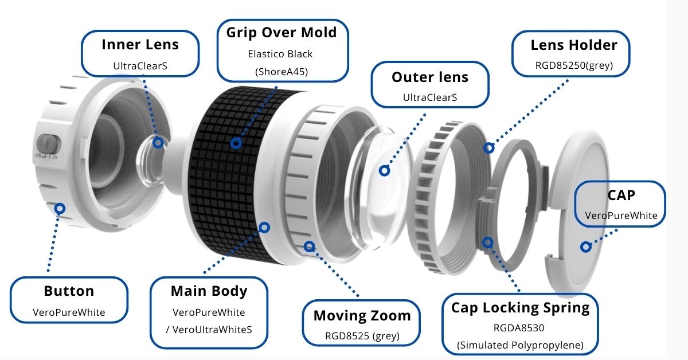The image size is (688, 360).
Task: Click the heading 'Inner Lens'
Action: [140, 44]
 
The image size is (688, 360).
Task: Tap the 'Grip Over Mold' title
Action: [282, 32]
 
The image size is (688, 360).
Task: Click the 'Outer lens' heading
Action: [430, 77]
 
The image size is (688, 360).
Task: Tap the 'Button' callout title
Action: [69, 291]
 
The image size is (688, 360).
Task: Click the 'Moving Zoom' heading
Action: [362, 315]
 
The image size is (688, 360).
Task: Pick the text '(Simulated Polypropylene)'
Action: [521, 345]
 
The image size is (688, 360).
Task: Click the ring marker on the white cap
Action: [585, 247]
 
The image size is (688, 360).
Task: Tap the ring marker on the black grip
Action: [235, 142]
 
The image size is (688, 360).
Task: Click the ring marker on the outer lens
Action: [385, 170]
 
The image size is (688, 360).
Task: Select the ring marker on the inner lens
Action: [158, 141]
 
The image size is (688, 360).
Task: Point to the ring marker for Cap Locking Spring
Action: [487, 242]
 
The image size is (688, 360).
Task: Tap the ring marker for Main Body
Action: [264, 227]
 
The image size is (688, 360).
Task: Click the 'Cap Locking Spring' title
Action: [520, 307]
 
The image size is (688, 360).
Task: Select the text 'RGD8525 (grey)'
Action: [362, 336]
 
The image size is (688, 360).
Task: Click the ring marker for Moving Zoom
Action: [310, 246]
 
